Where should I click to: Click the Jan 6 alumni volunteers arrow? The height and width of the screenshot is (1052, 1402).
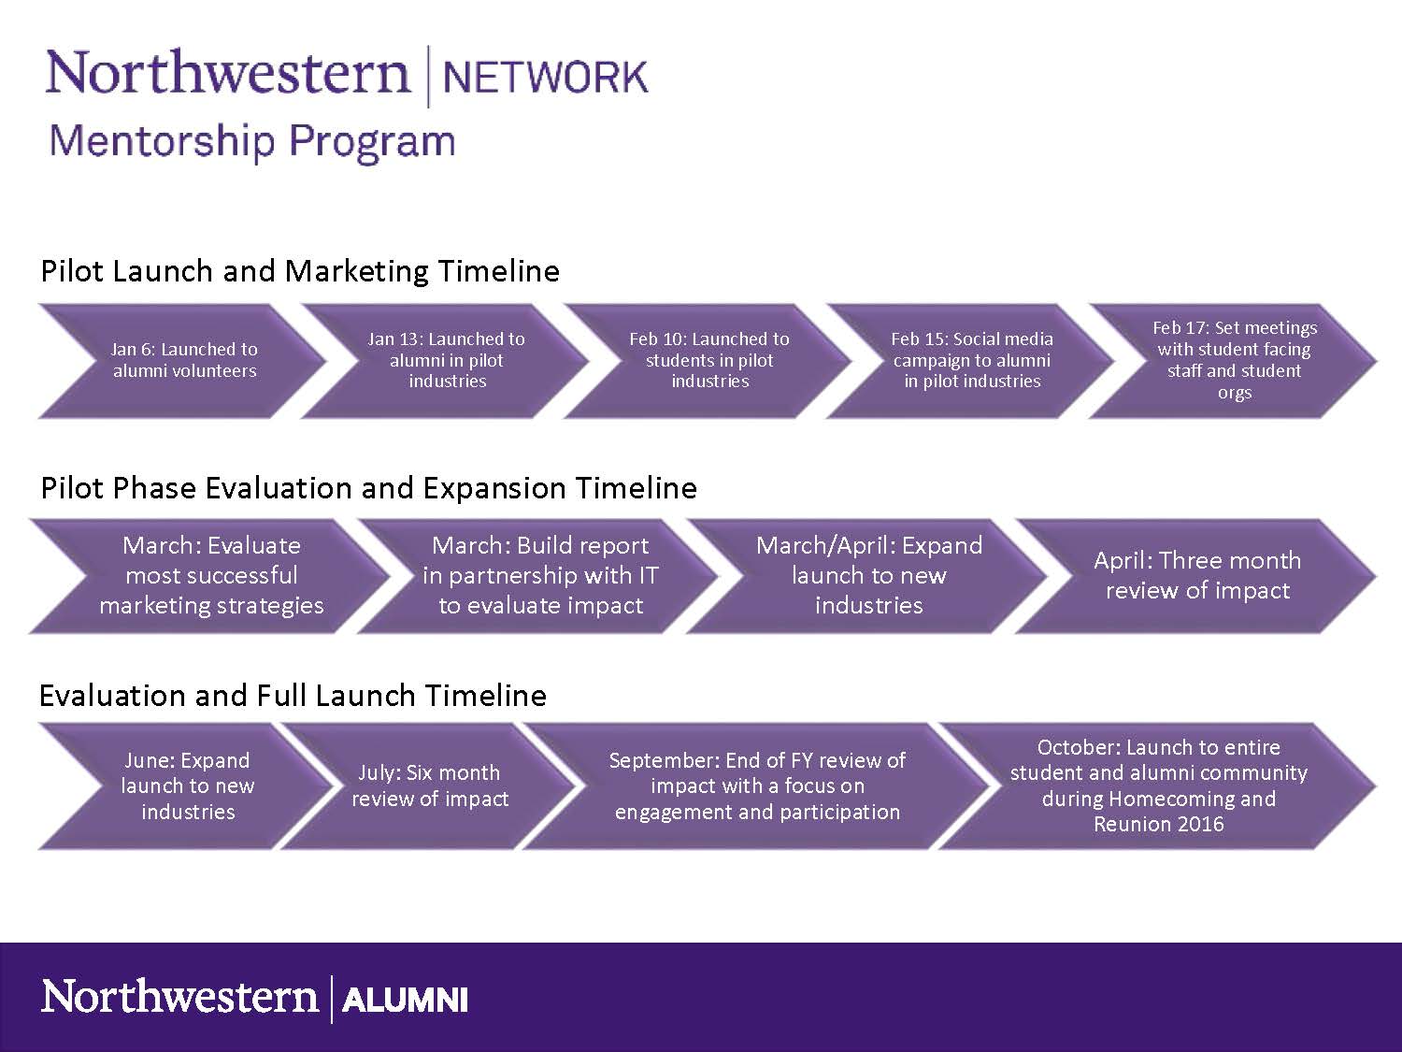coord(183,361)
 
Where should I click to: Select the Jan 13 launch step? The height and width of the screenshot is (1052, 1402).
coord(446,361)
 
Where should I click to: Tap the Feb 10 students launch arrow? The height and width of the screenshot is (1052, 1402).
coord(708,361)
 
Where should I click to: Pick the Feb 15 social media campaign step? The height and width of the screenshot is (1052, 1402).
coord(971,361)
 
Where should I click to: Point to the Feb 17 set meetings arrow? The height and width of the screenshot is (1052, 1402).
coord(1234,361)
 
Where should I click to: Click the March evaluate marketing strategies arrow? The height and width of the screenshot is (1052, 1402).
coord(211,576)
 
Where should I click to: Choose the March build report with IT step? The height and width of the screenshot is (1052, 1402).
coord(540,576)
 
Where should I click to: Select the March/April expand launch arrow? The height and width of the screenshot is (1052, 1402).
coord(868,576)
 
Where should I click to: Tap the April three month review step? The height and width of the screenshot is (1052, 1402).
coord(1197,576)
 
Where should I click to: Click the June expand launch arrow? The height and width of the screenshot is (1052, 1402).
coord(187,786)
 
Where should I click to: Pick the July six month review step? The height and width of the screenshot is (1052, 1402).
coord(430,786)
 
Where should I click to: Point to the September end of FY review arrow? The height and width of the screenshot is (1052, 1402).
coord(757,786)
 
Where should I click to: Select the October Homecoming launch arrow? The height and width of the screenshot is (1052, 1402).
coord(1159,786)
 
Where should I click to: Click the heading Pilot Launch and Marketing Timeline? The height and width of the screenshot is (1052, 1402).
coord(300,271)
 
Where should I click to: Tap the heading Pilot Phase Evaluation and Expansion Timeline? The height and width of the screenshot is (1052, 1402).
coord(368,488)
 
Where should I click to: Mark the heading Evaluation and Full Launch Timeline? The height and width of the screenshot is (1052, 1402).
coord(293,696)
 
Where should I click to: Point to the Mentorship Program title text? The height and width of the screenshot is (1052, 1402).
coord(251,141)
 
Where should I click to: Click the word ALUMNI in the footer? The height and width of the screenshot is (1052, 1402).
coord(405,1000)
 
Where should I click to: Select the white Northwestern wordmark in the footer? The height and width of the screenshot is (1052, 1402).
coord(179,997)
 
